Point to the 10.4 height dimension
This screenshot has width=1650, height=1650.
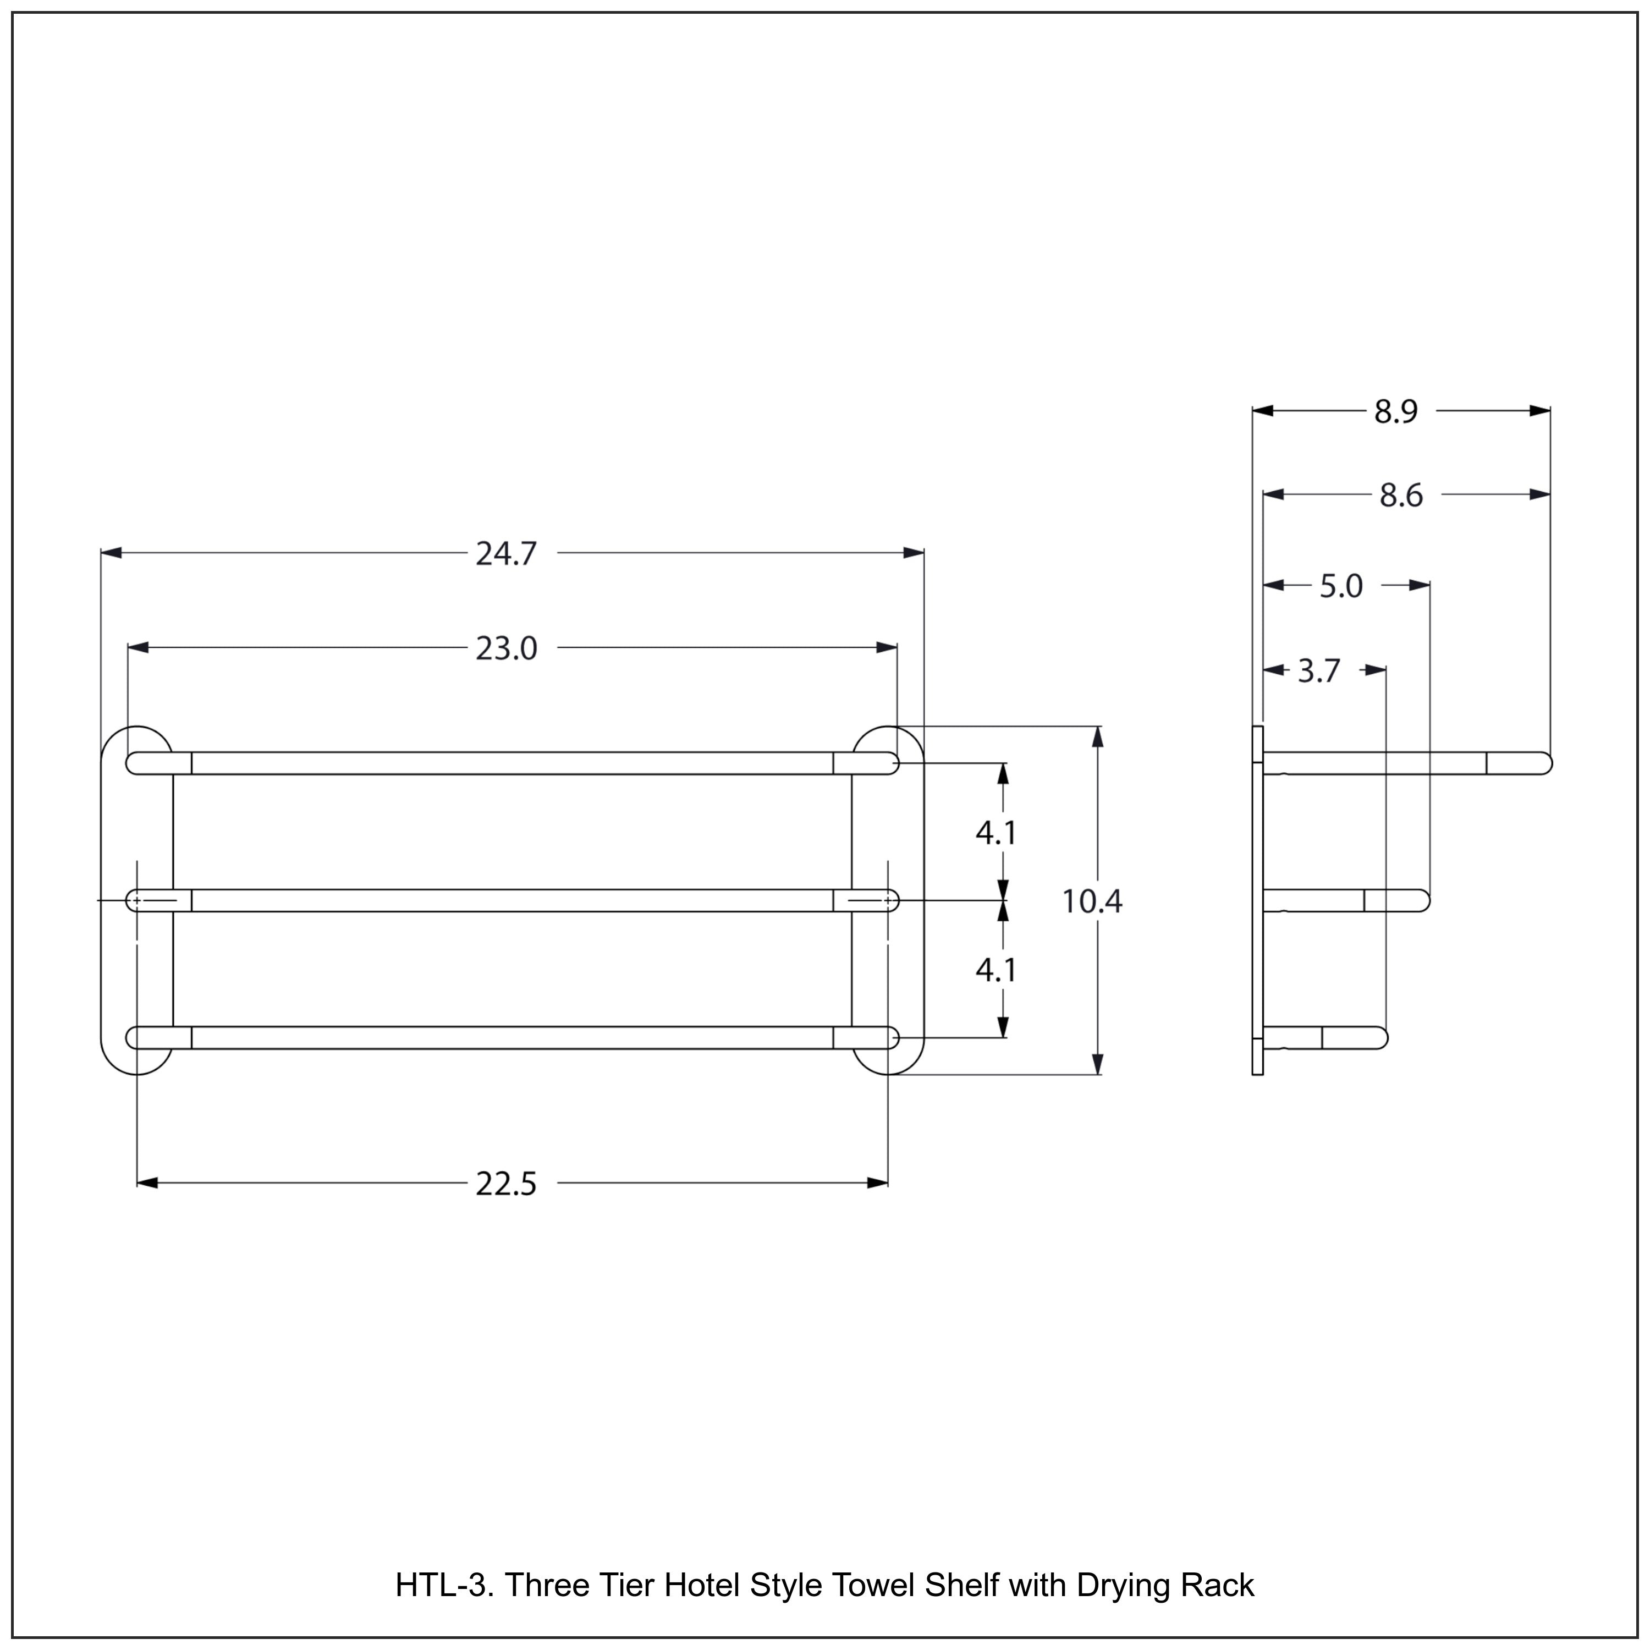tap(1091, 901)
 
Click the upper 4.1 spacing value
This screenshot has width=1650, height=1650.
tap(996, 833)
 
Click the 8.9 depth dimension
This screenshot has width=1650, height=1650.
tap(1395, 411)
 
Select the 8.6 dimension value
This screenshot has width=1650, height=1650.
tap(1401, 496)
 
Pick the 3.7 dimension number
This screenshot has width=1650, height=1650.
tap(1319, 671)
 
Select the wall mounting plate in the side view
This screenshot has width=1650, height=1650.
tap(1257, 901)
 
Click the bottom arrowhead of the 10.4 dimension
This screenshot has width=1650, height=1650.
tap(1097, 1064)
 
